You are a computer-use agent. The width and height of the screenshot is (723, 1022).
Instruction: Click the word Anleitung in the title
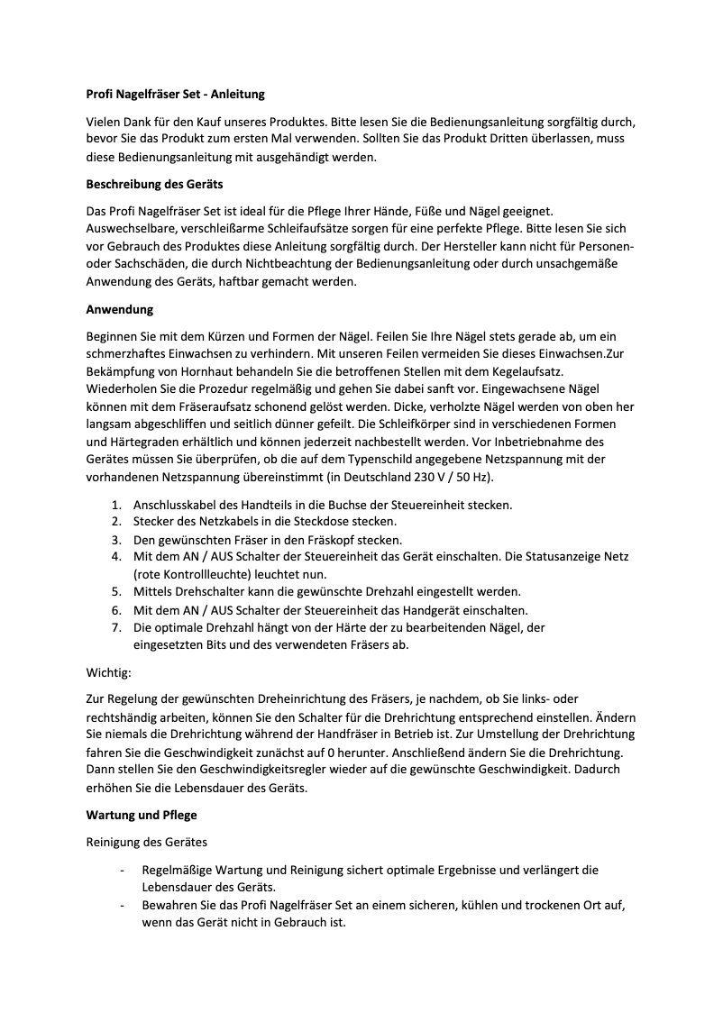(238, 94)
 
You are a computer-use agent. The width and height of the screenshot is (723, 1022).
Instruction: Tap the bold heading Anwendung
(120, 309)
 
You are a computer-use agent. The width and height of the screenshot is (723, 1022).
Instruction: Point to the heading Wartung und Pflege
(142, 815)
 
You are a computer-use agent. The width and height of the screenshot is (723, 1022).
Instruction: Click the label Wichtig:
(108, 672)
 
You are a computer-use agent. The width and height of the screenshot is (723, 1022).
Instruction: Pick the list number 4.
(116, 557)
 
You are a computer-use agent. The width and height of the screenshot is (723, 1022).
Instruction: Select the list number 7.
(116, 626)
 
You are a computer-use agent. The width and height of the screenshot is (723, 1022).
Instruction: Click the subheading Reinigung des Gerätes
(146, 843)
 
